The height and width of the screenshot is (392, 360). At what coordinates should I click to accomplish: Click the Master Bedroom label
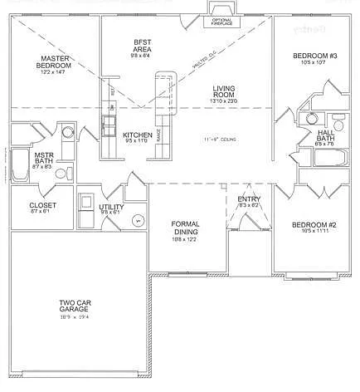point(57,62)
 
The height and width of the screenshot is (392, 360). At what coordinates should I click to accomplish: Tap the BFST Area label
point(142,46)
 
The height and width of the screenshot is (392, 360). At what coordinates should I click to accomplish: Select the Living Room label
point(224,93)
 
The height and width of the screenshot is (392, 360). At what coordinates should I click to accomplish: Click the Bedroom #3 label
point(315,56)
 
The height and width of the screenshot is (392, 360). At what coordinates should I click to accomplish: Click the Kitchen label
point(137,135)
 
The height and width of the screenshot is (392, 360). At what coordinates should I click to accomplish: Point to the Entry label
point(249,199)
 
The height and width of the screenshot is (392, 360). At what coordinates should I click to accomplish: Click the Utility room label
point(111,207)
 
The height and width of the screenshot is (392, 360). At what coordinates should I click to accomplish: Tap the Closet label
point(42,205)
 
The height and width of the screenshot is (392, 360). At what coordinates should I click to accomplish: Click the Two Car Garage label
point(73,305)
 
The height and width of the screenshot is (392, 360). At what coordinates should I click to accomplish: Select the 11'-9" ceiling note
point(220,140)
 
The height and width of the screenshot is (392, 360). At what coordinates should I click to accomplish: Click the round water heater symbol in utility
point(139,219)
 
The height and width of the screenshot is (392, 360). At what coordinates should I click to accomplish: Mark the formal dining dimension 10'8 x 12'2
point(184,239)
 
